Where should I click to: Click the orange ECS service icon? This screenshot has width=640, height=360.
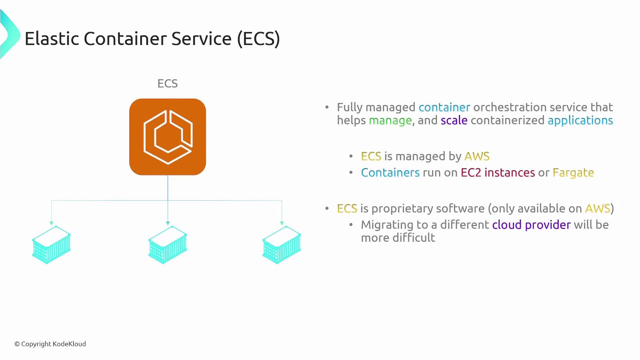point(168,137)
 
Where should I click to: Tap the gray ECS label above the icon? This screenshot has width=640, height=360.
point(168,83)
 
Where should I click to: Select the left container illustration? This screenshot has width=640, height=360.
point(51,245)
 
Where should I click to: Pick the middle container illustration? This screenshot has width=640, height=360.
point(168,245)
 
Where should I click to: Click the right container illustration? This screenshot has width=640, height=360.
point(282,245)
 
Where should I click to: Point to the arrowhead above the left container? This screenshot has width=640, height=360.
point(51,223)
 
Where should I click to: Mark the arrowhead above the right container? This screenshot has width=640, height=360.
point(282,223)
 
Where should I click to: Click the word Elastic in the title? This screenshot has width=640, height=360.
point(52,39)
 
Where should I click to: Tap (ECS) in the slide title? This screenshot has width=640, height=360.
point(258,39)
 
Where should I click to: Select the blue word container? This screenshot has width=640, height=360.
point(444,107)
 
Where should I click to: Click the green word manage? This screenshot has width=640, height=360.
point(390,120)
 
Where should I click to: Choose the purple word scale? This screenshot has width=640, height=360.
point(454,120)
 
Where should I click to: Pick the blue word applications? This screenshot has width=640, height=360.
point(580,120)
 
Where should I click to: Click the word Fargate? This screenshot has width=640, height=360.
point(573,173)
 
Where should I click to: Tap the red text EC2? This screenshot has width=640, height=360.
point(471,173)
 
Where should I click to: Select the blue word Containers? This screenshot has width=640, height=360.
point(390,173)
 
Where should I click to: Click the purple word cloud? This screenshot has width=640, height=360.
point(507,225)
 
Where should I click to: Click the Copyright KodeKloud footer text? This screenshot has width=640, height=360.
point(50,344)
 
